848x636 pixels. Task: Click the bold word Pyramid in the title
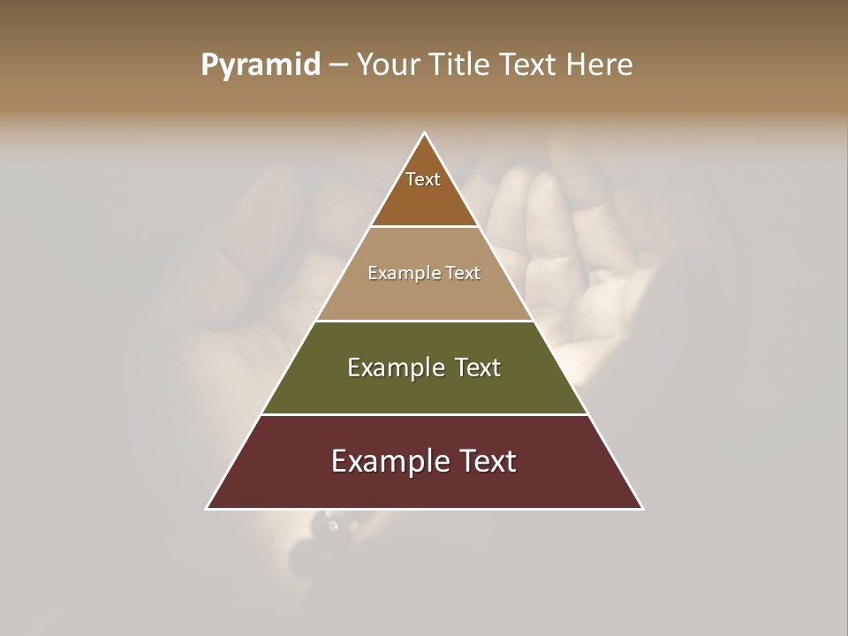261,65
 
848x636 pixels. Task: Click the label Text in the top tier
423,180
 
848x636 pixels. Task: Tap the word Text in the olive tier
479,367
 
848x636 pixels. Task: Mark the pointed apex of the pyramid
425,134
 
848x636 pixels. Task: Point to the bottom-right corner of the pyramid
641,508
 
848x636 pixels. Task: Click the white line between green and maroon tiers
424,414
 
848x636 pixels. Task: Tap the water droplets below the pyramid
331,523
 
